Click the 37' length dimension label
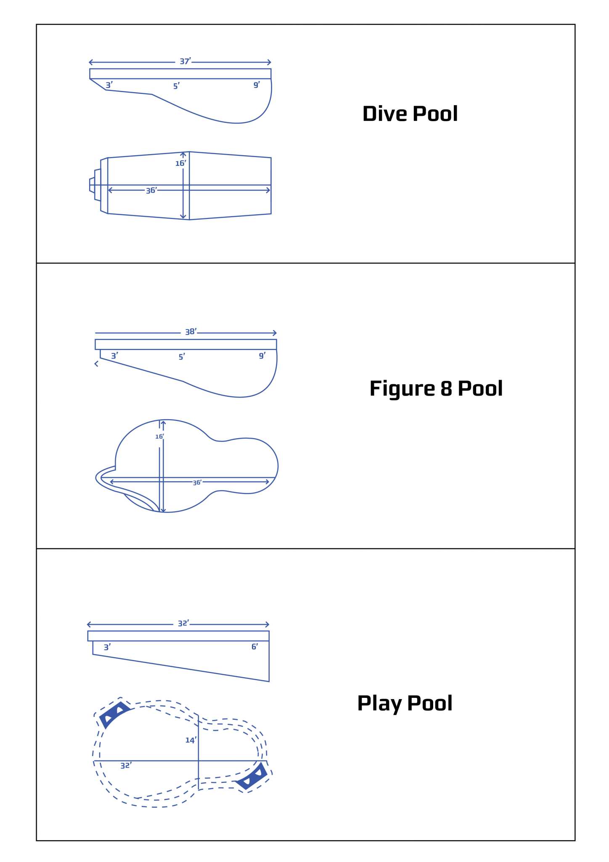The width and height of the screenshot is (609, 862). tap(185, 61)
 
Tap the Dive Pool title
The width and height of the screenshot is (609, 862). tap(410, 114)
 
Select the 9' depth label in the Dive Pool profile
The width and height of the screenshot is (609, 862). tap(257, 85)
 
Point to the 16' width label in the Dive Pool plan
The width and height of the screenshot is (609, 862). tap(180, 163)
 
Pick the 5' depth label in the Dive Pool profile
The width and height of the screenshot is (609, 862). tap(177, 86)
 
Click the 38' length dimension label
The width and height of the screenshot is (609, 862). tap(191, 332)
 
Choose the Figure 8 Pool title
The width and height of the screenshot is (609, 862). tap(436, 388)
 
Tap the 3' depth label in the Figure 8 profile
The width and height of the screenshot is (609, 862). tap(114, 356)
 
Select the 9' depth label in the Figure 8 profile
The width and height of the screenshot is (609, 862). tap(262, 356)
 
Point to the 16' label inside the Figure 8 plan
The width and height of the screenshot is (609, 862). tap(159, 437)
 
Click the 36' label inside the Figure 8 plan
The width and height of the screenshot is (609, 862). tap(197, 483)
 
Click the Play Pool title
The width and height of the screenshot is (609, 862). tap(405, 703)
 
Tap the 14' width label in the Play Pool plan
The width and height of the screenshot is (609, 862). tap(191, 740)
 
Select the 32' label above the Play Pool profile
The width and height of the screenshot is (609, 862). tap(183, 623)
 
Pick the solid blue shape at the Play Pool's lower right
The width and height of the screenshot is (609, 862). tap(252, 777)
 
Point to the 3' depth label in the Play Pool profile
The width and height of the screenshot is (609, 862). tap(107, 647)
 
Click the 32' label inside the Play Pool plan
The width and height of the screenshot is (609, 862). tap(126, 766)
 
